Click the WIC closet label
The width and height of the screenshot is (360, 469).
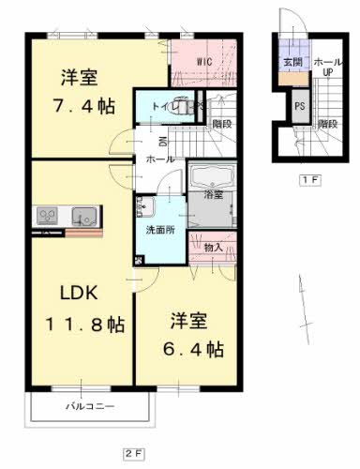click(204, 63)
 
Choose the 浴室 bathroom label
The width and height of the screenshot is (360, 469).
click(214, 195)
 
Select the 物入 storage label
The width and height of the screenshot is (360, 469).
click(214, 247)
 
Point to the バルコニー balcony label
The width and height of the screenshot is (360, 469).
click(90, 408)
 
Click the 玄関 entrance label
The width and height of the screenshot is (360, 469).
click(290, 62)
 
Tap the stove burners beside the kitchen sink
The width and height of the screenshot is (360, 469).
click(48, 218)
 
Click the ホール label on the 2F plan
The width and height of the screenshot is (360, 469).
click(157, 159)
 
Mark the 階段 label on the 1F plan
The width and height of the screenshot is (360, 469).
click(327, 123)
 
